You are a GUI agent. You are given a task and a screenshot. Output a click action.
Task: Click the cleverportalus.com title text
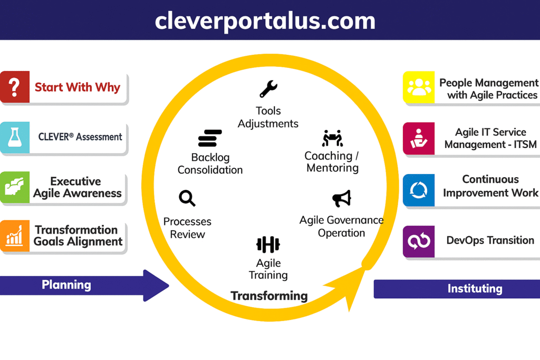[x=265, y=21]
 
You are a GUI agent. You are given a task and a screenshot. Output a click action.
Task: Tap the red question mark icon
[x=14, y=87]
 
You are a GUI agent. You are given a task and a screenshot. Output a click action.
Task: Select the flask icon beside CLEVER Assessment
[x=14, y=138]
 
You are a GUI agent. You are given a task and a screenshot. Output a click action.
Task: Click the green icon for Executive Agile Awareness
[x=14, y=188]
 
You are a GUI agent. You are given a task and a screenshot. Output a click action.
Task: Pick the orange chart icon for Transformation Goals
[x=14, y=237]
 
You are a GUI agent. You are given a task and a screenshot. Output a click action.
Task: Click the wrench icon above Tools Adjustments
[x=268, y=89]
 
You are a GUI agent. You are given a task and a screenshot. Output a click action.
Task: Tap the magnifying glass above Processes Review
[x=187, y=198]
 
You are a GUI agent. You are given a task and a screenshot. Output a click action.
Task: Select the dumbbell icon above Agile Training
[x=268, y=245]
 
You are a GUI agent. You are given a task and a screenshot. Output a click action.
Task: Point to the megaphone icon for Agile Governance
[x=342, y=199]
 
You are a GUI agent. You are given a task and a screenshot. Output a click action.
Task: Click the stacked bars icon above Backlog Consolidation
[x=209, y=138]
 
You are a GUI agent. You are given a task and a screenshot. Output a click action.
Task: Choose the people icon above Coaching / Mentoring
[x=332, y=138]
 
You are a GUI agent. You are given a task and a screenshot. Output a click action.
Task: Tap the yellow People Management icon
[x=419, y=87]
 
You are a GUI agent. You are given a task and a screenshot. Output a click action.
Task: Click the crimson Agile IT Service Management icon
[x=419, y=139]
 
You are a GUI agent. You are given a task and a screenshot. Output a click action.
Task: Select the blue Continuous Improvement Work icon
[x=419, y=190]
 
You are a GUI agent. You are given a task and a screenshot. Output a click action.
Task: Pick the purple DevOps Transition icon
[x=419, y=241]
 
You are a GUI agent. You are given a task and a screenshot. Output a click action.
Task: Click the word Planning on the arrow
[x=66, y=285]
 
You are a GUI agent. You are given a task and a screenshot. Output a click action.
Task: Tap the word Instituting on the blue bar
[x=475, y=289]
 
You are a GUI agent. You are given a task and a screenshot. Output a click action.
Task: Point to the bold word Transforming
[x=269, y=296]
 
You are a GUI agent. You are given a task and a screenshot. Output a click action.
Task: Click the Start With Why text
[x=78, y=87]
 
